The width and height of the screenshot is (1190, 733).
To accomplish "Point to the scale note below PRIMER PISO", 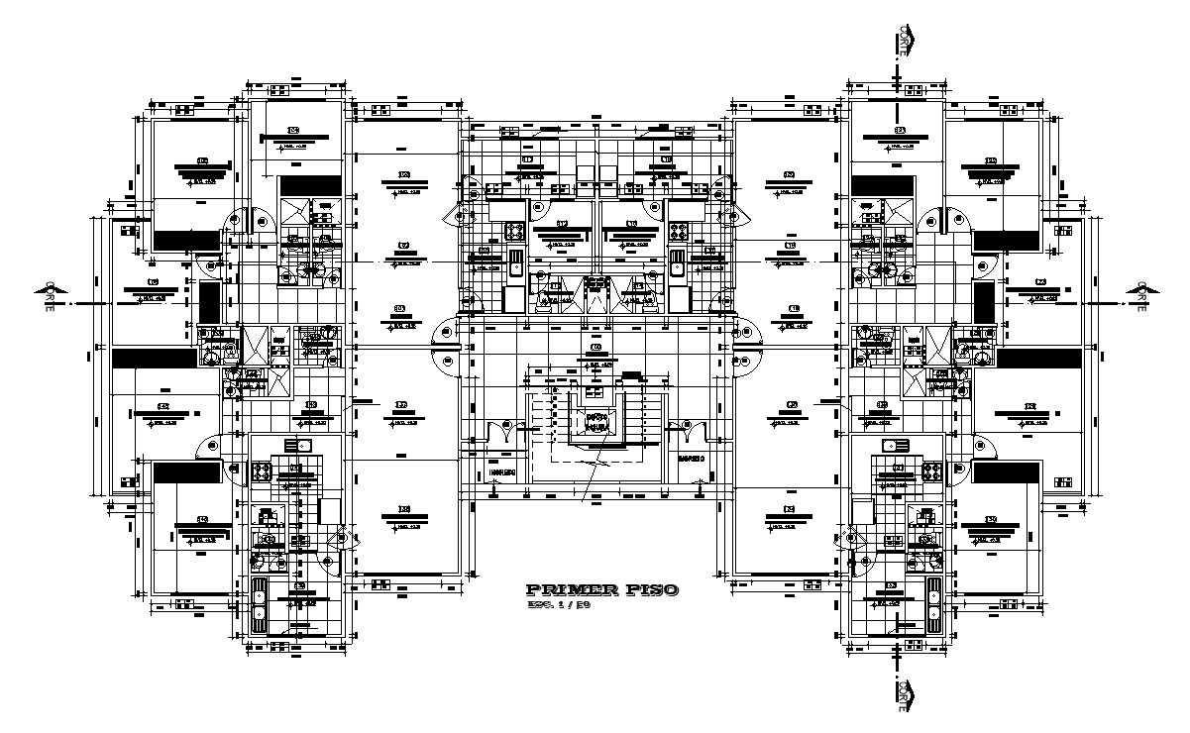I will click(560, 604).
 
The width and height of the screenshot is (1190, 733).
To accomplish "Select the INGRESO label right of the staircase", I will click(691, 460).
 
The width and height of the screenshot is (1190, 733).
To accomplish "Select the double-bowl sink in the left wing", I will click(259, 604).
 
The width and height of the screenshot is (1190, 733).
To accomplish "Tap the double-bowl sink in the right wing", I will click(931, 604).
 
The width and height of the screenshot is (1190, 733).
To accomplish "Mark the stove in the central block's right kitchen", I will click(679, 232).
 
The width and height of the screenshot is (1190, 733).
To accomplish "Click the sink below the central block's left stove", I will click(516, 263).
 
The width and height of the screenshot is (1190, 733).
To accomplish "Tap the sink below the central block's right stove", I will click(677, 263).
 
